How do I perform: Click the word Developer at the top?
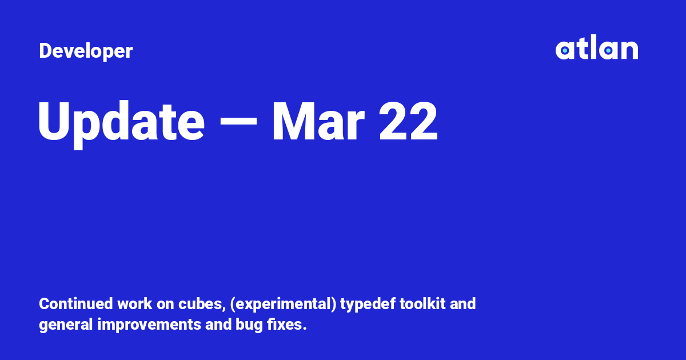[x=86, y=51]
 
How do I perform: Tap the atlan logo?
[x=596, y=49]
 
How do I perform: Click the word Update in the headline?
[x=121, y=122]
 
